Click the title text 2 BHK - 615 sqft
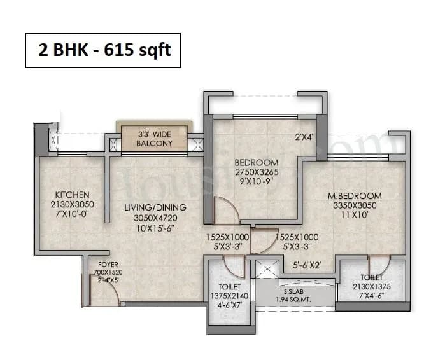104,50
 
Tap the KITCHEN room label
71,194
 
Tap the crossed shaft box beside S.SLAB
267,270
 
